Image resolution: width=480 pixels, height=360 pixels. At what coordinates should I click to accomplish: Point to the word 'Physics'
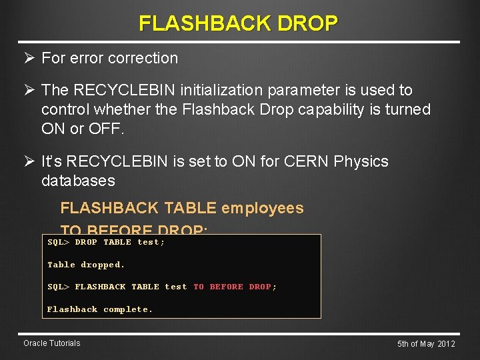[363, 161]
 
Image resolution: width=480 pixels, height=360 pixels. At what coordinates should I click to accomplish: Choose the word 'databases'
[78, 181]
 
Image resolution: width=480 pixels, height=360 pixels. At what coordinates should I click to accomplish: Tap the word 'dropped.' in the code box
[103, 265]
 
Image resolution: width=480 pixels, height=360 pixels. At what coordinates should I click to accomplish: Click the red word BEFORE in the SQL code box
[227, 287]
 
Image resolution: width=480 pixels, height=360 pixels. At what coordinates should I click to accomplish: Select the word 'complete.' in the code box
[128, 309]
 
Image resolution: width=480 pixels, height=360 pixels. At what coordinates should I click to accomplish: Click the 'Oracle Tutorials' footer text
[51, 343]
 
